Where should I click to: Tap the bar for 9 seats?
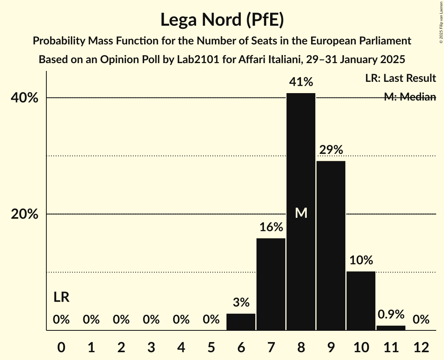tap(331, 245)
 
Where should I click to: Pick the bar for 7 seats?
tap(271, 284)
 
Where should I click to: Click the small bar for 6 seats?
tap(241, 322)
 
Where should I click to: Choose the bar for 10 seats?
tap(361, 301)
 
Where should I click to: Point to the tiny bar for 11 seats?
tap(391, 328)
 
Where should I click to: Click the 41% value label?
tap(301, 82)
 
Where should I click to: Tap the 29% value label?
tap(331, 150)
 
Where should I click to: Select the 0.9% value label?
tap(391, 314)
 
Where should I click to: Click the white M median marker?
tap(301, 213)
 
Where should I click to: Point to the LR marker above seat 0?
tap(61, 298)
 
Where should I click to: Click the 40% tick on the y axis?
tap(24, 98)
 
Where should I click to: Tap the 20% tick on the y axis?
tap(24, 214)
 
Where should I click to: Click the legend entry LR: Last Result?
tap(400, 78)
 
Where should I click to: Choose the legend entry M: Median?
tap(410, 97)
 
